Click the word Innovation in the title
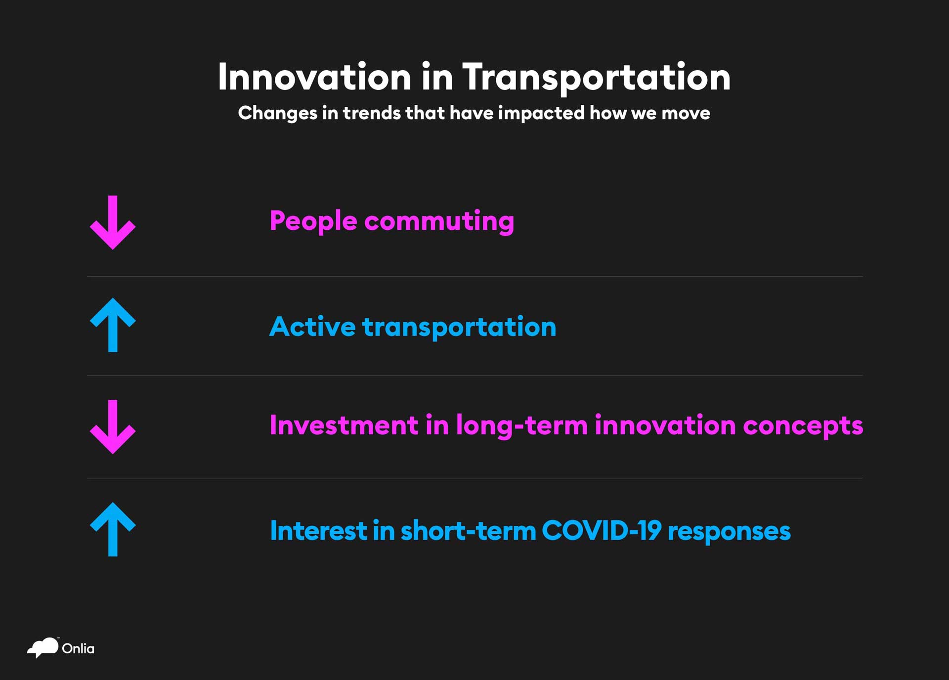point(314,77)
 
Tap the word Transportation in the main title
point(596,78)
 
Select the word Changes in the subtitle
point(277,114)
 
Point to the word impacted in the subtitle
point(541,114)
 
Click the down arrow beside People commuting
point(113,222)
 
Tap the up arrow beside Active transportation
point(113,325)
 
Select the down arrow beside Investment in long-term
point(113,427)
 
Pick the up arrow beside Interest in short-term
point(113,529)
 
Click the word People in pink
point(313,221)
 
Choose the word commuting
point(439,221)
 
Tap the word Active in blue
point(312,327)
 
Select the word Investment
point(345,425)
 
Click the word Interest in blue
point(319,531)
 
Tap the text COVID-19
point(602,531)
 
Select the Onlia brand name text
point(78,649)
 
